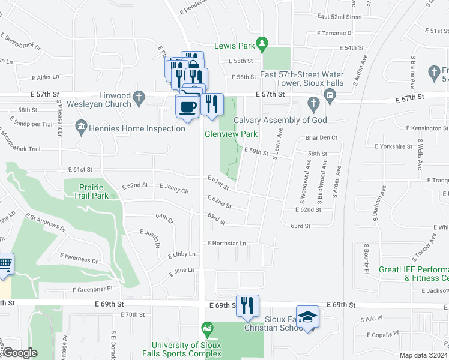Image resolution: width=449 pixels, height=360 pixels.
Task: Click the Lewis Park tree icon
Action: (x=262, y=44)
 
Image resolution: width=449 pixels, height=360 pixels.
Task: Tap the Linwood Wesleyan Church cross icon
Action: (x=139, y=97)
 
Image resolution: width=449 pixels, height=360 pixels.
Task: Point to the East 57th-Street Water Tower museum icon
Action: (x=329, y=95)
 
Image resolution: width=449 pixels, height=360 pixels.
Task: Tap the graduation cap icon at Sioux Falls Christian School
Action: (x=307, y=317)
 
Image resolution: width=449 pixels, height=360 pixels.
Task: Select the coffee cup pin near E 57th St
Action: (x=187, y=106)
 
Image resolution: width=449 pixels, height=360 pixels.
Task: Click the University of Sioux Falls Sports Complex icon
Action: (x=208, y=328)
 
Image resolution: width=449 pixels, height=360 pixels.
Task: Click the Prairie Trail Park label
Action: (x=91, y=191)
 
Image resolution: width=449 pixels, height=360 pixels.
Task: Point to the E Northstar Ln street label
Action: (x=227, y=244)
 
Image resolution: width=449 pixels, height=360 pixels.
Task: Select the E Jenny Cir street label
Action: (x=175, y=191)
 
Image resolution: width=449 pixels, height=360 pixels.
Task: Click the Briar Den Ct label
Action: (x=322, y=137)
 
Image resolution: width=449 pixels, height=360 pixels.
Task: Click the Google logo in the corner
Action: (x=20, y=353)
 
